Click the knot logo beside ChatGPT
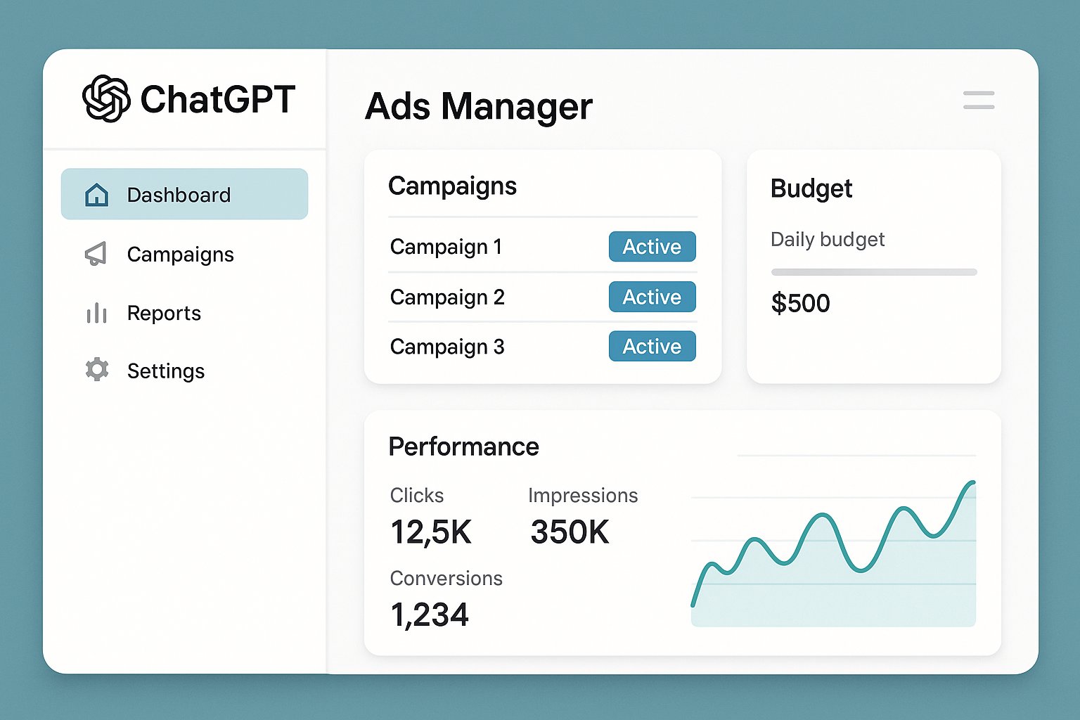coord(106,99)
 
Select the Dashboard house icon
coord(96,195)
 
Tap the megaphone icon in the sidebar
coord(96,254)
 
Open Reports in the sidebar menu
coord(164,313)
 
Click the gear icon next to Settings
coord(97,370)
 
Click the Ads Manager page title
coord(478,107)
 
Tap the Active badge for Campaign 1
coord(652,247)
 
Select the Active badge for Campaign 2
coord(652,297)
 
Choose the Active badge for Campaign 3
coord(652,346)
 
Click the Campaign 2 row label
coord(447,297)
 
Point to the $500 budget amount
coord(800,304)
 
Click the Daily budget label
coord(828,240)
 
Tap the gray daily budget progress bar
coord(873,272)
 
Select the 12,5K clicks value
coord(430,532)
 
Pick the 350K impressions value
coord(570,532)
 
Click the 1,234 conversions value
coord(429,615)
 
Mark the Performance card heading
coord(463,447)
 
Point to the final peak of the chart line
coord(972,483)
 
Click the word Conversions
coord(446,579)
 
